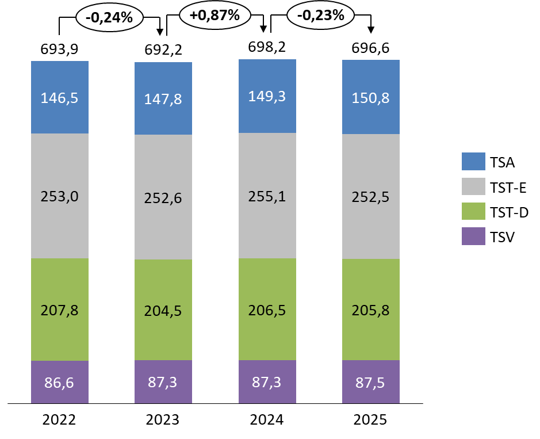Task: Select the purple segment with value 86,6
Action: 60,382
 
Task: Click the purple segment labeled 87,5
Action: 371,381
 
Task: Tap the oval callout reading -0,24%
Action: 109,18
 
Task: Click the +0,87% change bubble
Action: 215,16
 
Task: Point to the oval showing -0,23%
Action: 320,16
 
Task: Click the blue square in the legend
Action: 473,162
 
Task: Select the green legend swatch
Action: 473,211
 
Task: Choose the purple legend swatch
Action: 473,236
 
